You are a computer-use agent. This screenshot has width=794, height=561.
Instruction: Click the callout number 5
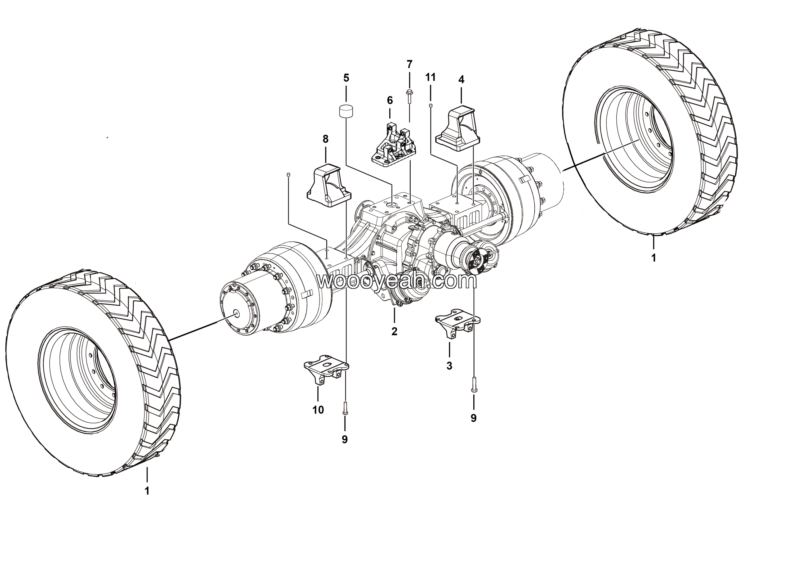(346, 78)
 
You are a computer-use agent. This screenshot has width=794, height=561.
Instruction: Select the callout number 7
(409, 64)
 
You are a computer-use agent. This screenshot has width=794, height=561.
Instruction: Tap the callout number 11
(430, 77)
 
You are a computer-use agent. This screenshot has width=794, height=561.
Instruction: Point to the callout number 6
(390, 100)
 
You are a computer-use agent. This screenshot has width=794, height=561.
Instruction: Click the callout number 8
(325, 139)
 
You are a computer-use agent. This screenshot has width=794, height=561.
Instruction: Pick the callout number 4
(461, 79)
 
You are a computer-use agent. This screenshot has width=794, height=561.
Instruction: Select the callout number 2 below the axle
(394, 331)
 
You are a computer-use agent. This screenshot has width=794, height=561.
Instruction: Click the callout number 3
(449, 366)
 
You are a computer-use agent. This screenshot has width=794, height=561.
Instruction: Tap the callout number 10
(318, 410)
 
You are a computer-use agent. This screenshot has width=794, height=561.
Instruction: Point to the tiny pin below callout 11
(430, 105)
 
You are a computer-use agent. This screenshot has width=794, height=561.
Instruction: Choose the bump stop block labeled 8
(328, 186)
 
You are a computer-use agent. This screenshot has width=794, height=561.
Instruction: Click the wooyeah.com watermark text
(397, 281)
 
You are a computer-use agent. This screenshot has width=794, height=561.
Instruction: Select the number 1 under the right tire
(653, 258)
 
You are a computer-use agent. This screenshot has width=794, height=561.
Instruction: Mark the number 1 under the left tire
(147, 491)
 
